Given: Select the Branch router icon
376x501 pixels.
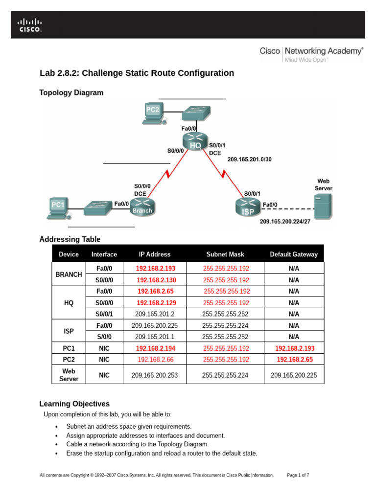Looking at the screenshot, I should point(142,207).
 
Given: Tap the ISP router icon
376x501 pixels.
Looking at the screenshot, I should point(247,207).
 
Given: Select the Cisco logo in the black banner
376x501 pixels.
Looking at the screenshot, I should point(30,25).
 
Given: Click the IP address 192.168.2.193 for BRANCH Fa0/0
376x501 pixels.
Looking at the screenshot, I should point(156,269).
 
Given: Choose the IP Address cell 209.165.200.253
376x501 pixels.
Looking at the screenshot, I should point(155,376).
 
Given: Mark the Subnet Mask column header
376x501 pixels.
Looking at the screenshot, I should point(226,254).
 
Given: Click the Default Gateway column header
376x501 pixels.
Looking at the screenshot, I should point(294,254).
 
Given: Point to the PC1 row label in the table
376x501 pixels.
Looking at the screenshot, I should point(69,348).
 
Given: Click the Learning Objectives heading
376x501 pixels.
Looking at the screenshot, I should point(74,404).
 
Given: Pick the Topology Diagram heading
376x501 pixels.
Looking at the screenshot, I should point(71,92).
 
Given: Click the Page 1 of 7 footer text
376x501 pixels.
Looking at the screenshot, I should point(298,475).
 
